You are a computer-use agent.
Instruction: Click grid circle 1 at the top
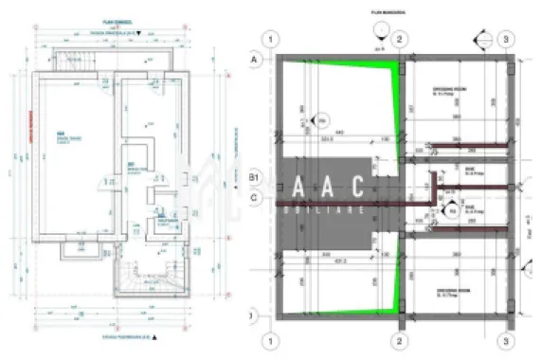click(x=272, y=39)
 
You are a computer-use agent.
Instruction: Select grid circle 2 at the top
click(x=400, y=39)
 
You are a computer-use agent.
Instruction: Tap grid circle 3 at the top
click(x=508, y=39)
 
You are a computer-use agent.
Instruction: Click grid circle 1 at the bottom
click(x=272, y=339)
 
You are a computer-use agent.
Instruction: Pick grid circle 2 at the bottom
click(x=400, y=339)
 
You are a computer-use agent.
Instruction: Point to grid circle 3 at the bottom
click(x=508, y=339)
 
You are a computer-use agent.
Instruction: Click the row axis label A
click(x=254, y=58)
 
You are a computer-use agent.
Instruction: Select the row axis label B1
click(x=254, y=178)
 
